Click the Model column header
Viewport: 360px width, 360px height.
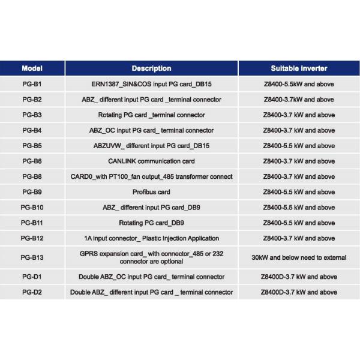pos(32,68)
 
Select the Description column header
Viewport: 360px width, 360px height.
pos(151,68)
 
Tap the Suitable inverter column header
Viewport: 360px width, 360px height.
pos(299,68)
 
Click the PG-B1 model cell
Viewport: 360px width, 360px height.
pos(32,83)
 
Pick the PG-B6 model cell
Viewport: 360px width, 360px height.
pos(32,161)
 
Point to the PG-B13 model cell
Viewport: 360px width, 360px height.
pos(32,257)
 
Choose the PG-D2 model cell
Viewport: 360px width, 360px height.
pos(32,292)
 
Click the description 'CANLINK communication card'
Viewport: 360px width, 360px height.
pos(151,161)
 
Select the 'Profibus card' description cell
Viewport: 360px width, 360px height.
pos(151,192)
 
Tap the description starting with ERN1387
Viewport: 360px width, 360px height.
pos(151,83)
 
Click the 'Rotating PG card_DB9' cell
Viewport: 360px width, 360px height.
pos(151,223)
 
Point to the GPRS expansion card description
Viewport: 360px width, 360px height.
pos(151,257)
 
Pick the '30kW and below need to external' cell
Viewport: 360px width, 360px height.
pos(299,257)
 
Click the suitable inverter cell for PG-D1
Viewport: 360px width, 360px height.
pos(299,277)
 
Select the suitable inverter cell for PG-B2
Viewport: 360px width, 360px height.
pos(299,99)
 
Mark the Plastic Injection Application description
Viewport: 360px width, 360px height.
pos(151,238)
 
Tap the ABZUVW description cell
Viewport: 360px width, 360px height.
pos(151,146)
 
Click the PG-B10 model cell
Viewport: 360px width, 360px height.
pos(32,207)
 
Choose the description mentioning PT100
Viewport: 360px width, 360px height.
pos(151,176)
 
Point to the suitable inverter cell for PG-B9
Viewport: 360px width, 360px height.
pos(299,192)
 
